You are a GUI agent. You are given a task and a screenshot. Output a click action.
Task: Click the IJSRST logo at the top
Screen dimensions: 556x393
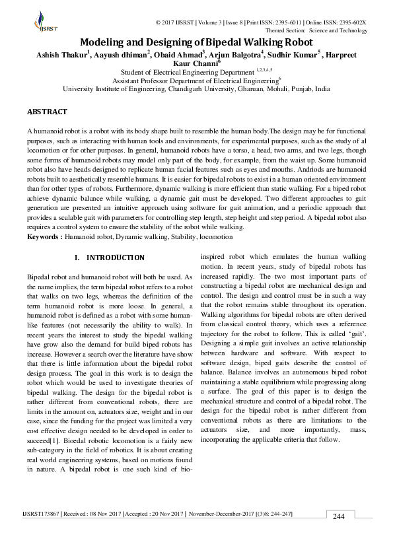click(44, 23)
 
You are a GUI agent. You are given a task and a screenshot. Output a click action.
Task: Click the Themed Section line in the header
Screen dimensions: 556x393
click(316, 30)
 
